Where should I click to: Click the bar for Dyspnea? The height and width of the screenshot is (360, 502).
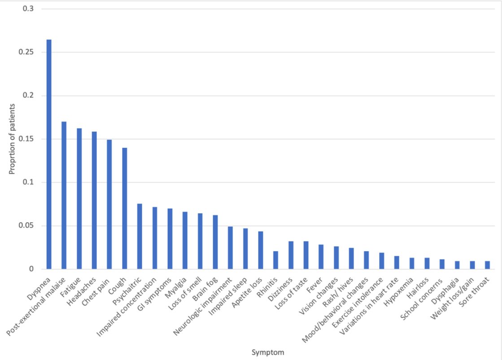tap(49, 154)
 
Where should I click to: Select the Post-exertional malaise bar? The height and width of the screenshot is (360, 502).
tap(64, 195)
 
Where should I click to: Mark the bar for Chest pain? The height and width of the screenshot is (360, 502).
tap(109, 204)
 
